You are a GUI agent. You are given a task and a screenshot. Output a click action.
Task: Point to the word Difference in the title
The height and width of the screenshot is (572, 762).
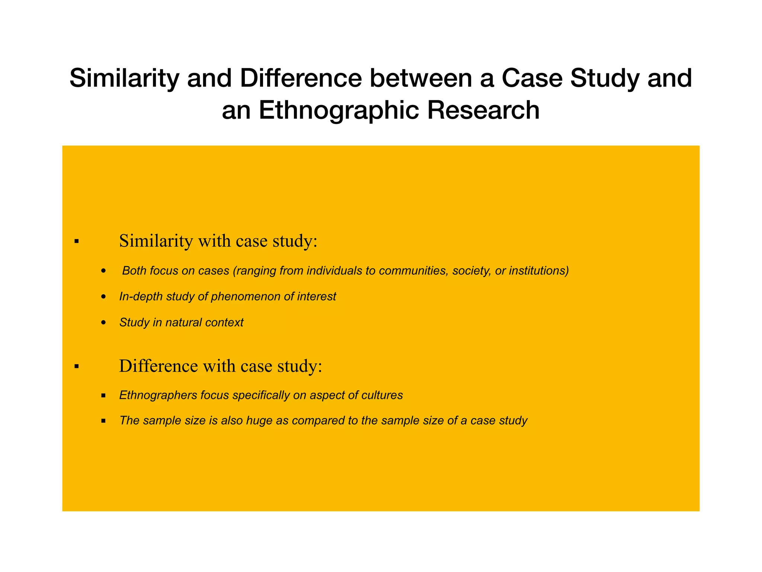click(301, 78)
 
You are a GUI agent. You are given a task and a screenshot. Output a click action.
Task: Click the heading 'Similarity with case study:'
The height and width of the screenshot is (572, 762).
click(218, 241)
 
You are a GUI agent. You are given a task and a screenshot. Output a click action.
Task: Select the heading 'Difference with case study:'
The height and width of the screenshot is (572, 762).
click(220, 366)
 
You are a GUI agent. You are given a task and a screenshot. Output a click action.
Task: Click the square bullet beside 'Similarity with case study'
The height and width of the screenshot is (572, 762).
click(77, 242)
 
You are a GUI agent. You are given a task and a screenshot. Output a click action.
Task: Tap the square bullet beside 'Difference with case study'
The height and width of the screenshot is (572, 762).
click(77, 366)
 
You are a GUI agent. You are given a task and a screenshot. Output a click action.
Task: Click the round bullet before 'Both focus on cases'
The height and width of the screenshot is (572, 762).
click(104, 271)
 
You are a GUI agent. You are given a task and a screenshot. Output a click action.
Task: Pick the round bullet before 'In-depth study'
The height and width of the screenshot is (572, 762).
click(104, 297)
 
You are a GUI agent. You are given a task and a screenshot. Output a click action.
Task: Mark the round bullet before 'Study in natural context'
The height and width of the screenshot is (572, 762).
click(104, 323)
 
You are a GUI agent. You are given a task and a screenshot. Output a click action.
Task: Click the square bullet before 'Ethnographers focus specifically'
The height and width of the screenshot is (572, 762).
click(103, 395)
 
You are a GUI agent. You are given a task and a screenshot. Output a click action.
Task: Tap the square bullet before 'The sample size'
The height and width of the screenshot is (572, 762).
click(103, 421)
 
